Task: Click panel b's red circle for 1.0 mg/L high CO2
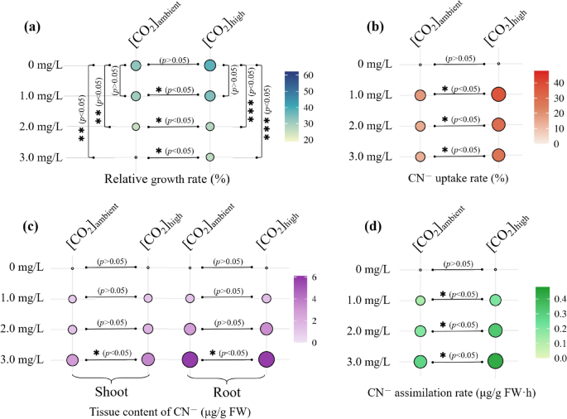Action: tap(497, 94)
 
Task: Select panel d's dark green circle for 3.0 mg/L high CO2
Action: tap(495, 361)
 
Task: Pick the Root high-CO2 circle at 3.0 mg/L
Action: tap(267, 359)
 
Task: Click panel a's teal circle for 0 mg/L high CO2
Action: tap(210, 65)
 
